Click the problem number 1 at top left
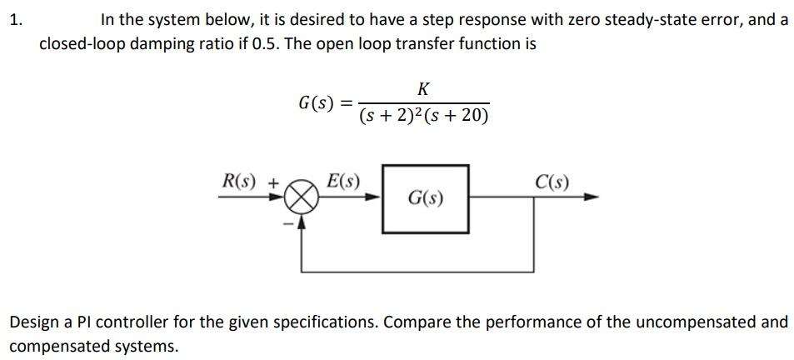tap(15, 19)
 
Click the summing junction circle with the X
tap(304, 199)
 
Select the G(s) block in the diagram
tap(425, 198)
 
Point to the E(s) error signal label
tap(343, 181)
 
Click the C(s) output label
tap(553, 181)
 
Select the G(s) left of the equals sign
tap(316, 103)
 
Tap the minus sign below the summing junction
tap(292, 223)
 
